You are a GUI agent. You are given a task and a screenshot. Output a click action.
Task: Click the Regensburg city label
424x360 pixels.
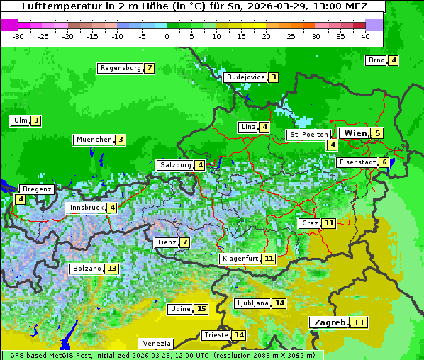pyautogui.click(x=120, y=68)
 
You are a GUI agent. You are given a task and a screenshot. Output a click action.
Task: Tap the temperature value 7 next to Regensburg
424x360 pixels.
pyautogui.click(x=149, y=68)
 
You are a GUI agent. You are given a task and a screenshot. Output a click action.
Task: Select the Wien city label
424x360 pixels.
pyautogui.click(x=355, y=133)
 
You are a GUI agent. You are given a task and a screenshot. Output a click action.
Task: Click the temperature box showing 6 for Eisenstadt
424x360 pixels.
pyautogui.click(x=384, y=162)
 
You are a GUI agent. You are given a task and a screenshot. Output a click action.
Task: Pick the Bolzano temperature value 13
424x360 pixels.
pyautogui.click(x=112, y=269)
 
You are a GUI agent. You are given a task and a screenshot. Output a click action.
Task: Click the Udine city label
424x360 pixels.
pyautogui.click(x=180, y=309)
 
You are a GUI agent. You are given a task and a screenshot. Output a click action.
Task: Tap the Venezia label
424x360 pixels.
pyautogui.click(x=156, y=343)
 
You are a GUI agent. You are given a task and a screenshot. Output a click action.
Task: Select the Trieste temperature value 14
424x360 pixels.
pyautogui.click(x=240, y=335)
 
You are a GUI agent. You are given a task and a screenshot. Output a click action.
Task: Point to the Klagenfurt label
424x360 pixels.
pyautogui.click(x=239, y=259)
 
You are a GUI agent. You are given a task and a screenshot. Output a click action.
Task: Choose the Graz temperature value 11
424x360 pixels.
pyautogui.click(x=328, y=223)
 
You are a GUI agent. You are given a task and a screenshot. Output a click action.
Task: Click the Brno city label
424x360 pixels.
pyautogui.click(x=376, y=60)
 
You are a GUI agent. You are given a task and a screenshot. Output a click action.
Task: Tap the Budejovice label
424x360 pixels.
pyautogui.click(x=245, y=77)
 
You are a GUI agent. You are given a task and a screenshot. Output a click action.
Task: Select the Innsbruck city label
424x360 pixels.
pyautogui.click(x=86, y=208)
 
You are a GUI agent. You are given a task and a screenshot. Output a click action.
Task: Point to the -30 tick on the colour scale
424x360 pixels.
pyautogui.click(x=18, y=36)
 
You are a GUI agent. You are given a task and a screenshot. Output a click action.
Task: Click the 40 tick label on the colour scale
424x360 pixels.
pyautogui.click(x=365, y=36)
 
